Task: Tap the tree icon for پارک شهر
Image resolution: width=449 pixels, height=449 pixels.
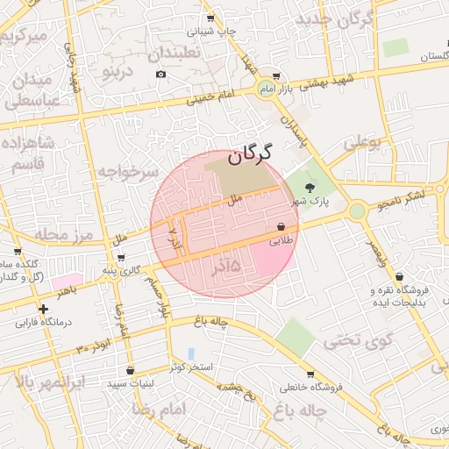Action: click(309, 187)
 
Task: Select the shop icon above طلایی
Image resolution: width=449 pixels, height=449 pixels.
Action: click(280, 225)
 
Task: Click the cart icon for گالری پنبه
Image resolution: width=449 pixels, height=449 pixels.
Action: click(120, 258)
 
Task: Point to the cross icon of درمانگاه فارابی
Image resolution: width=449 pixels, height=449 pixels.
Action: click(43, 308)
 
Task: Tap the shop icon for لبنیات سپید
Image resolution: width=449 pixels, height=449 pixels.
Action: click(131, 370)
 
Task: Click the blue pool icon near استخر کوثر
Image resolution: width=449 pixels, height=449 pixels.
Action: click(191, 353)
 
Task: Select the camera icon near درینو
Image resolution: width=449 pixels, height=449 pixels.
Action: click(160, 75)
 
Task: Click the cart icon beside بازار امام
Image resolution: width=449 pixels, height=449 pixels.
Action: click(277, 76)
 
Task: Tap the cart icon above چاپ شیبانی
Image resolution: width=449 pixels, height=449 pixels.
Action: click(210, 17)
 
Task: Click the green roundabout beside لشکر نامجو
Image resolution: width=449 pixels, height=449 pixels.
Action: click(356, 210)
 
